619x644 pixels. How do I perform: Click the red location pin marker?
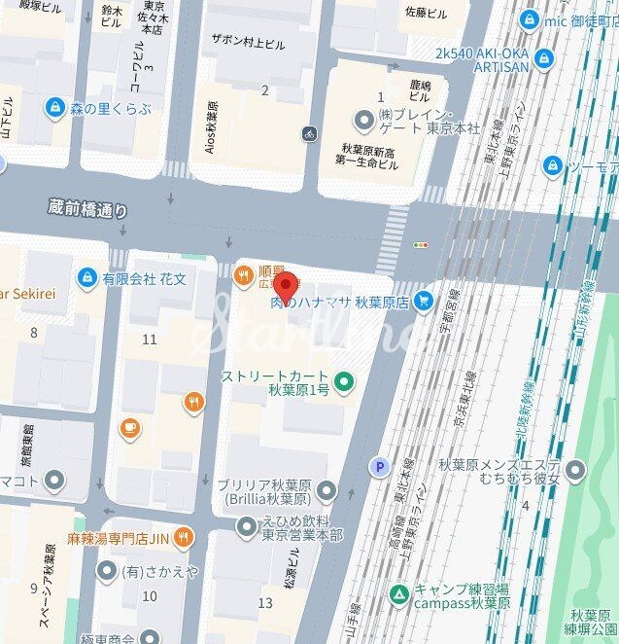pyautogui.click(x=285, y=287)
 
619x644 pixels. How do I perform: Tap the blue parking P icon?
pyautogui.click(x=379, y=468)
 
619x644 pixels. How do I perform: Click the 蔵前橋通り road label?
pyautogui.click(x=87, y=208)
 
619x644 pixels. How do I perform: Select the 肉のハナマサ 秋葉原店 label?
pyautogui.click(x=338, y=303)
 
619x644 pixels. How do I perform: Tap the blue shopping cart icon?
pyautogui.click(x=424, y=302)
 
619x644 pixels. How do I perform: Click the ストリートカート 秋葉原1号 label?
pyautogui.click(x=276, y=382)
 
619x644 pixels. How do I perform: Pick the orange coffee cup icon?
pyautogui.click(x=129, y=428)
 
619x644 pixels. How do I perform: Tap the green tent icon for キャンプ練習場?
pyautogui.click(x=398, y=593)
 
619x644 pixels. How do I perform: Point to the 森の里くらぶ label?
pyautogui.click(x=110, y=108)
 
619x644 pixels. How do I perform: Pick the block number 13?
pyautogui.click(x=265, y=603)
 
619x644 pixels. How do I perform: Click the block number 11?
pyautogui.click(x=149, y=339)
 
